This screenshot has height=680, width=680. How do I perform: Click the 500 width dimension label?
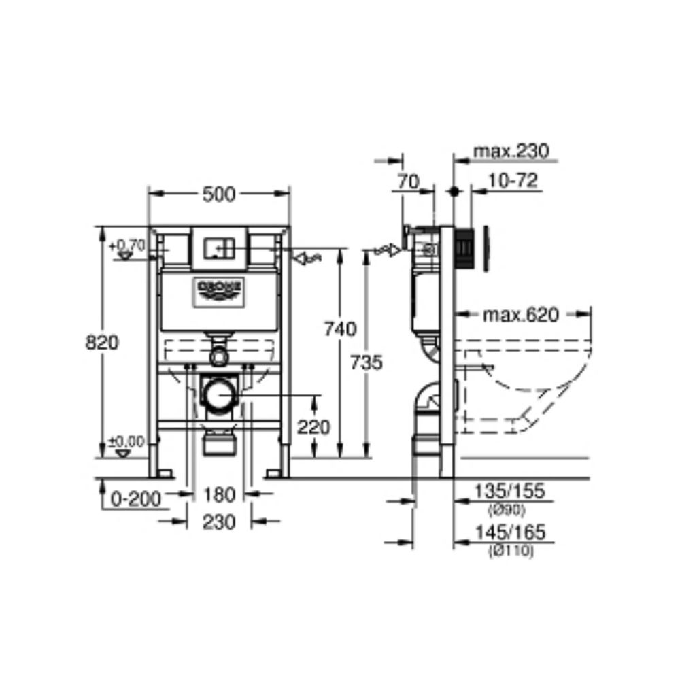pos(218,194)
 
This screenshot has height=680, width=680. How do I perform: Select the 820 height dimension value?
pos(102,343)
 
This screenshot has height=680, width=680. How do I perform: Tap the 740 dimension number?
pos(339,329)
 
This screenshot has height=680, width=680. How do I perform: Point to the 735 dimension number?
pos(367,362)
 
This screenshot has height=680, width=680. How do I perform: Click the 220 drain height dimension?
pos(313,427)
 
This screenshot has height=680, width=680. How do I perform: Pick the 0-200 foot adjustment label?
pos(136,500)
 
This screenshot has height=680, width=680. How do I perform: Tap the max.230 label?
pos(511,151)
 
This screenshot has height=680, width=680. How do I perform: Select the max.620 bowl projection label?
pos(520,315)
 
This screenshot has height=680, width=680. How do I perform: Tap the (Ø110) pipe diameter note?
pos(511,551)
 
